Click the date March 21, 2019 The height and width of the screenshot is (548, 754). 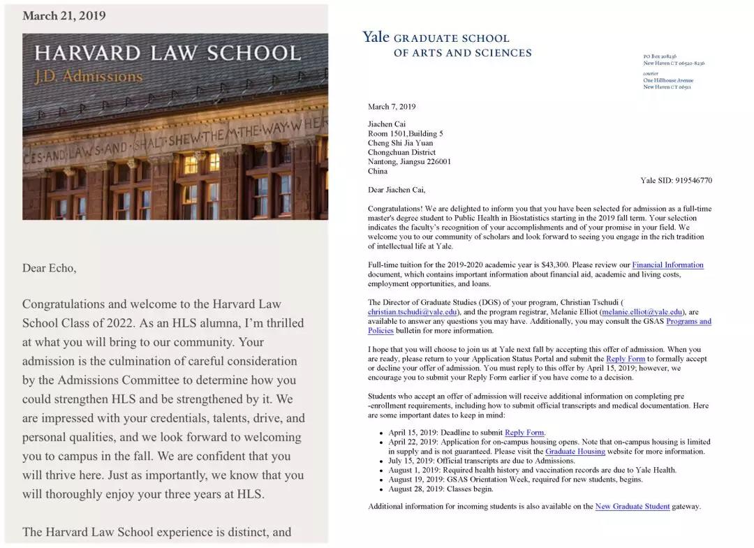coord(64,16)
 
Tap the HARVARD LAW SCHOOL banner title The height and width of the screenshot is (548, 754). coord(168,54)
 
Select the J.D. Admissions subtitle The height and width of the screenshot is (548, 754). coord(89,77)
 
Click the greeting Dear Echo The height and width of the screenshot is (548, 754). coord(49,268)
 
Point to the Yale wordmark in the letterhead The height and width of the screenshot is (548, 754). coord(376,37)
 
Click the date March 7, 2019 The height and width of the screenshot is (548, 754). coord(392,107)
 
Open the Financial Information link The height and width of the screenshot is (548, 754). coord(667,265)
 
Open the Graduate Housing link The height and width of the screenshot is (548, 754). coord(575,452)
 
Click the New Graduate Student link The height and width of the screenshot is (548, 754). coord(632,507)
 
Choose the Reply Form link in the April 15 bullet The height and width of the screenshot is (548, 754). coord(524,433)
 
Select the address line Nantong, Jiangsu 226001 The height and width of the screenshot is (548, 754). coord(409,162)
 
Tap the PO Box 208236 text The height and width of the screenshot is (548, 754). coord(660,57)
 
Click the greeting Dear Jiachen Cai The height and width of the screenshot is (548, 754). coord(397,190)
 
